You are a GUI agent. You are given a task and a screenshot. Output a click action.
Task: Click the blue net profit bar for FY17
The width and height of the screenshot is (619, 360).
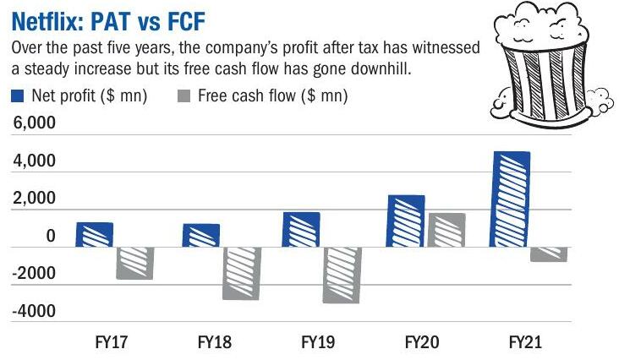[x=94, y=235]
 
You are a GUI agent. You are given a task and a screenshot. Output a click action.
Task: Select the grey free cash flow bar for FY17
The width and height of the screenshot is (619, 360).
[x=134, y=263]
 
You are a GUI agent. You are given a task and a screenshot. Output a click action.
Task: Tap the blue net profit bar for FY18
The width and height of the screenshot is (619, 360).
[x=200, y=236]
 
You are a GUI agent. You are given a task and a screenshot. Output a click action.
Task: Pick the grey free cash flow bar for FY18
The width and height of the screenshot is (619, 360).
[x=241, y=273]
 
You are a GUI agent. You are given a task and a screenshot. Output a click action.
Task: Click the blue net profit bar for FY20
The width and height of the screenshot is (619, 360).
[x=406, y=221]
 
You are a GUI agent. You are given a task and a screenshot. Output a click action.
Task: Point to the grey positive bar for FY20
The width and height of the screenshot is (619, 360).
[x=447, y=230]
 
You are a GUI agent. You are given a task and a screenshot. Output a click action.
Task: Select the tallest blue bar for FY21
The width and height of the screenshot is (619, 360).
[x=511, y=199]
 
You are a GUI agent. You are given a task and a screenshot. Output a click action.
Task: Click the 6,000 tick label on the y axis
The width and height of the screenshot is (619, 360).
[x=33, y=123]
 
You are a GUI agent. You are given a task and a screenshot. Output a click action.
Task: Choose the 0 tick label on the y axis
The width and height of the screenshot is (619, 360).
[x=51, y=237]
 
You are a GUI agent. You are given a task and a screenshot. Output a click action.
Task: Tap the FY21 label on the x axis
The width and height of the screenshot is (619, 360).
[x=526, y=344]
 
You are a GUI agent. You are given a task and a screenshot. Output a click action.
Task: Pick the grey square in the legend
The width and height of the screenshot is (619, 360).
[x=184, y=96]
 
